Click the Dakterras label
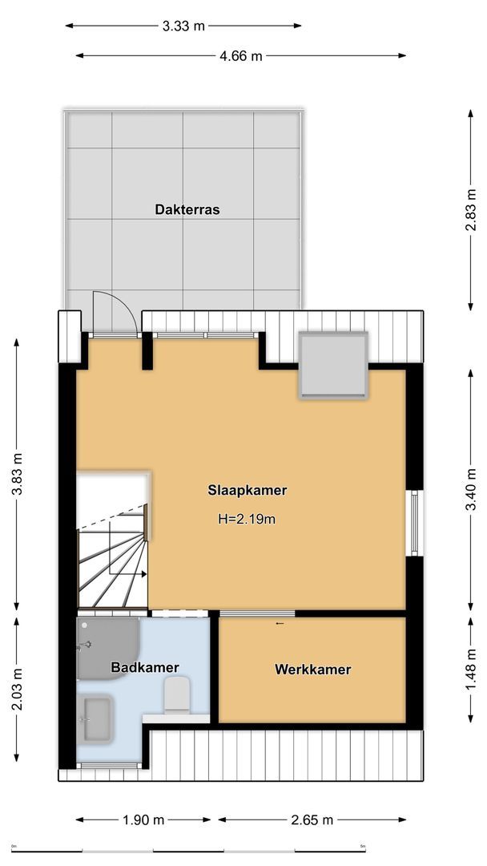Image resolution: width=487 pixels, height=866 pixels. (x=187, y=210)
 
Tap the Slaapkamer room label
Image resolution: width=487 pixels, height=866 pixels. (x=247, y=490)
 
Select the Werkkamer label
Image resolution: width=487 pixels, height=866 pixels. (x=312, y=670)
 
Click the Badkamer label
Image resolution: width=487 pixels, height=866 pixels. (x=145, y=667)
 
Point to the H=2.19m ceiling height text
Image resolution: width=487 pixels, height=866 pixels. (x=247, y=519)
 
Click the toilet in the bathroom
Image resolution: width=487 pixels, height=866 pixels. (x=176, y=694)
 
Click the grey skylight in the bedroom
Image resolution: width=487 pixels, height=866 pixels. (x=333, y=365)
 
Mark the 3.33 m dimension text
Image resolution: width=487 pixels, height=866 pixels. (x=183, y=26)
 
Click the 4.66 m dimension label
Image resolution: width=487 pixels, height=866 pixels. (x=240, y=56)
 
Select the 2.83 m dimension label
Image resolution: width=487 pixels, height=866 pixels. (x=473, y=210)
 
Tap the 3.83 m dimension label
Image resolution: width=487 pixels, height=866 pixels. (x=17, y=475)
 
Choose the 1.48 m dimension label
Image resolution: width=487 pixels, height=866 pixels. (x=473, y=670)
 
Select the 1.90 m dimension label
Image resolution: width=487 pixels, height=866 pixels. (x=143, y=820)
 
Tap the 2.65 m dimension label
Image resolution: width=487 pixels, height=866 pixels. (x=312, y=820)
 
